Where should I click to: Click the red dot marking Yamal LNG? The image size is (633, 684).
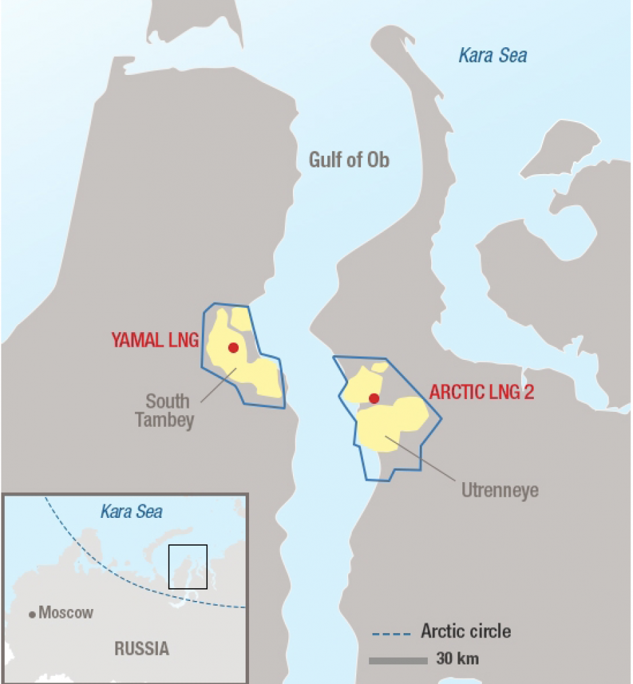tap(233, 348)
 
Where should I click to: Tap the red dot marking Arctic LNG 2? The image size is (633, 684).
tap(374, 398)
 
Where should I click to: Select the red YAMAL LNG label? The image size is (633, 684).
tap(155, 340)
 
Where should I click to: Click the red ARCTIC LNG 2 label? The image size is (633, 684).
tap(482, 392)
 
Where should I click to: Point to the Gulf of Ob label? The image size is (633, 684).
tap(349, 160)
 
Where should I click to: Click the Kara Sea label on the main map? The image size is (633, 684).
tap(493, 55)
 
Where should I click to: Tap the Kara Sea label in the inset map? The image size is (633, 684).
tap(132, 511)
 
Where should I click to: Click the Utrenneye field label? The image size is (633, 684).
tap(500, 490)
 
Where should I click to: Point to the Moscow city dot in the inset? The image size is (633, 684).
tap(32, 614)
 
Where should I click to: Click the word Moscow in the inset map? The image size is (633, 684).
tap(66, 613)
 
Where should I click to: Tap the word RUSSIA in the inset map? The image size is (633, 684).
tap(142, 649)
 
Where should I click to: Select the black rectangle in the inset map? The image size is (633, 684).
tap(188, 566)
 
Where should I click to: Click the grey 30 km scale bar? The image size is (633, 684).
tap(398, 660)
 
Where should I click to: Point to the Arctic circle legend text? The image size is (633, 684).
tap(466, 632)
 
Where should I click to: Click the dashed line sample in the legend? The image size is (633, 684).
tap(391, 634)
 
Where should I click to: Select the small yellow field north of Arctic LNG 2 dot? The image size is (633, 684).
tap(379, 367)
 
